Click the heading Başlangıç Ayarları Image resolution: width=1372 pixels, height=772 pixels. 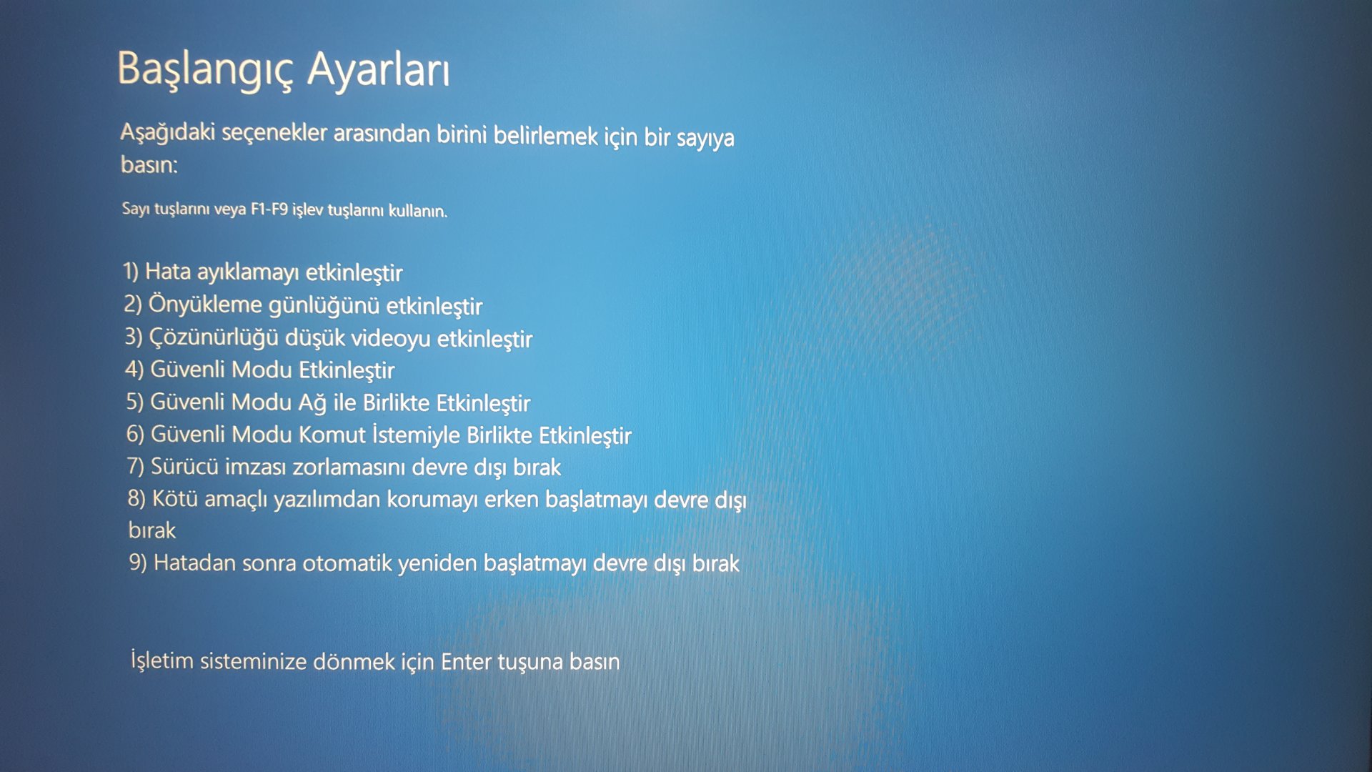284,70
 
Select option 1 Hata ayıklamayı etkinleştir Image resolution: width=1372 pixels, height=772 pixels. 263,272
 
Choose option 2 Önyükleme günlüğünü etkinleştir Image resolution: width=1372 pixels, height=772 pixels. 303,305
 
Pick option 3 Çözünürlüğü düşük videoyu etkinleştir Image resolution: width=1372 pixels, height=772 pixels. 329,338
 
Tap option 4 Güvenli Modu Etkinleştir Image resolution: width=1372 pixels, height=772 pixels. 260,370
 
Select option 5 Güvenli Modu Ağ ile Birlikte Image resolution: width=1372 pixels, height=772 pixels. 329,402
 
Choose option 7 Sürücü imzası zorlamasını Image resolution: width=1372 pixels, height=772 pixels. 344,467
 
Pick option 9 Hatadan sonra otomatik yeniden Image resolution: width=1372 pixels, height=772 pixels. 434,563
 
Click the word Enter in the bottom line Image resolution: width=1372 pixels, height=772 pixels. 466,661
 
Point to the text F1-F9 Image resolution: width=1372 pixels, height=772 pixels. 269,209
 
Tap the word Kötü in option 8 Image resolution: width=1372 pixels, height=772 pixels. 175,498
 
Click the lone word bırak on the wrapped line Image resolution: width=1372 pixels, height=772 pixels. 152,530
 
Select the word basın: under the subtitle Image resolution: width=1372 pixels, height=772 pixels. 149,164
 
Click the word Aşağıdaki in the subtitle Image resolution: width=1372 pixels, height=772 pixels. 167,133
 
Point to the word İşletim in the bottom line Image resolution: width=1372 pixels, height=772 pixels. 162,660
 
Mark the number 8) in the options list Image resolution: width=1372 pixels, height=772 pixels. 136,498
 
